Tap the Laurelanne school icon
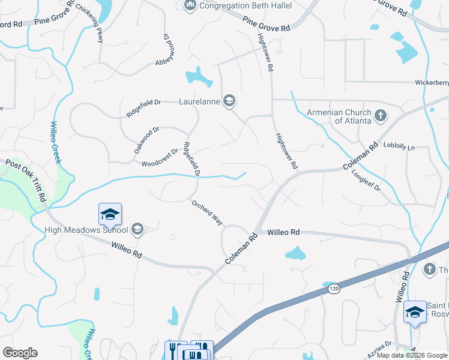pos(229,101)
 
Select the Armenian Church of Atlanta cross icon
pos(380,115)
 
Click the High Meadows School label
pos(86,229)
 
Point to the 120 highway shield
pos(334,289)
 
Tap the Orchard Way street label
pos(207,213)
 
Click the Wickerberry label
pos(432,83)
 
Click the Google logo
pos(20,353)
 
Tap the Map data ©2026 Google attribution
pos(412,355)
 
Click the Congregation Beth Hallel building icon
pos(190,5)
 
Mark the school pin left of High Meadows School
pos(110,214)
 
